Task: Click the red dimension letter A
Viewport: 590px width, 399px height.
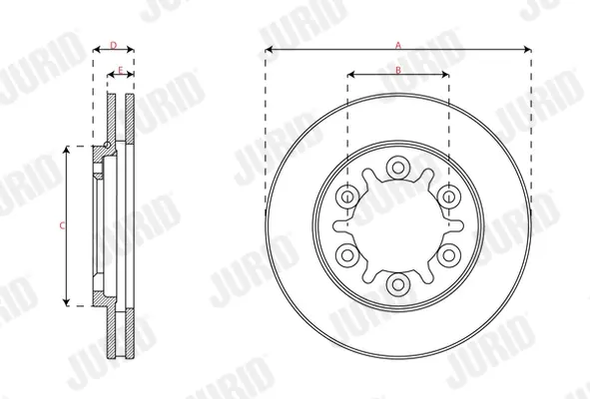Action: click(x=398, y=46)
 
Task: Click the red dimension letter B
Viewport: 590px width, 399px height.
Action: click(x=398, y=70)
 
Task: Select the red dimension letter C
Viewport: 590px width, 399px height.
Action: click(x=63, y=225)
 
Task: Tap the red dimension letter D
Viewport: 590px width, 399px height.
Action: click(x=113, y=46)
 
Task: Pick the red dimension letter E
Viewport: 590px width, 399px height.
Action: click(x=121, y=70)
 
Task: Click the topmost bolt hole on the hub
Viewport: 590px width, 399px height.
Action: click(x=397, y=167)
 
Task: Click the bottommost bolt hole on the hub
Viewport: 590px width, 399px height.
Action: click(x=397, y=284)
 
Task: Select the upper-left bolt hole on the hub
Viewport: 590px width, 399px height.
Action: click(x=347, y=197)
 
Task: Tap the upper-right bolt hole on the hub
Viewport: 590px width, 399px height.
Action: click(x=449, y=197)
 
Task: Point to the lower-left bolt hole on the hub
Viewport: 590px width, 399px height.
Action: click(x=347, y=255)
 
